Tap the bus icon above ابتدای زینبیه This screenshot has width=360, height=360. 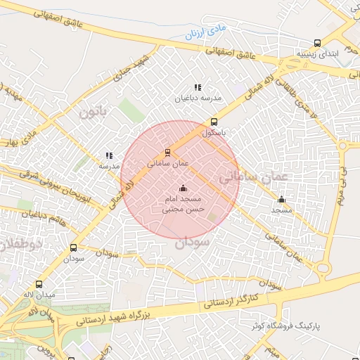click(318, 43)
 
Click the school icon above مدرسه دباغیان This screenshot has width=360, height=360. click(198, 87)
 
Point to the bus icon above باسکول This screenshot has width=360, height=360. click(214, 121)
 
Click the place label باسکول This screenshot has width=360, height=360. click(214, 131)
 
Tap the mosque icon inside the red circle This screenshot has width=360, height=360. click(184, 188)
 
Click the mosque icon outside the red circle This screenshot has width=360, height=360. click(282, 199)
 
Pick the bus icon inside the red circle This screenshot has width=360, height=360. click(167, 152)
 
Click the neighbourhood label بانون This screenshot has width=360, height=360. click(96, 112)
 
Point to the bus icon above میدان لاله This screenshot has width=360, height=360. click(39, 285)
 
